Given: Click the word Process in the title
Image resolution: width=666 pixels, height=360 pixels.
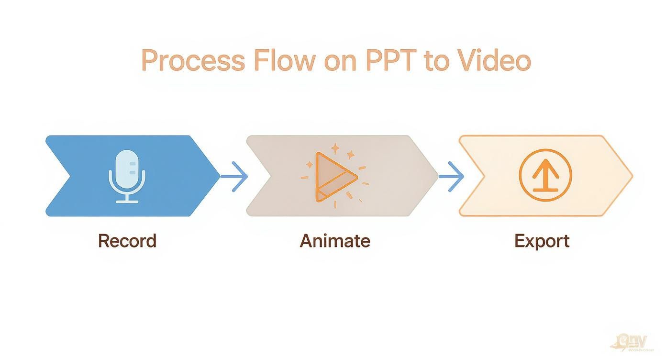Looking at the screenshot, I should coord(193,61).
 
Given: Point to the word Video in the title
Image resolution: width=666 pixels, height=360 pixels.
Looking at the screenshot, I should coord(493,61).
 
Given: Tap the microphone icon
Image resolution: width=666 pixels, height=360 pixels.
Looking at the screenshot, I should coord(127,176).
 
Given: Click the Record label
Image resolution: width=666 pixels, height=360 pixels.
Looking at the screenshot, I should coord(127,240).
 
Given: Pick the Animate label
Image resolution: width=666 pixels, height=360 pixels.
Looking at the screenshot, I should coord(335,240).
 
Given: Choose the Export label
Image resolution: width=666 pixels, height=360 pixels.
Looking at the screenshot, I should coord(542,240).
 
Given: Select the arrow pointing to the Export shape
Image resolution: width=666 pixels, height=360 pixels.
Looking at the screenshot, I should coord(451,176).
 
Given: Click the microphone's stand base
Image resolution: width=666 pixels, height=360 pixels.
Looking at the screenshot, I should coord(127,201).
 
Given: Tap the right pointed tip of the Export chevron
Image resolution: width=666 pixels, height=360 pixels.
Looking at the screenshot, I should coord(632,176).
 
